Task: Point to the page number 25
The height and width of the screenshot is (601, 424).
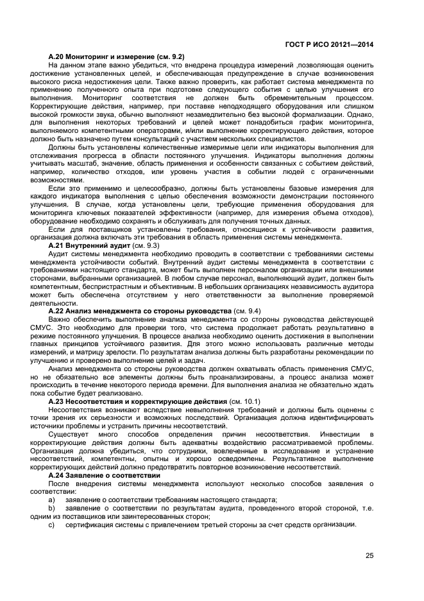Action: click(369, 556)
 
